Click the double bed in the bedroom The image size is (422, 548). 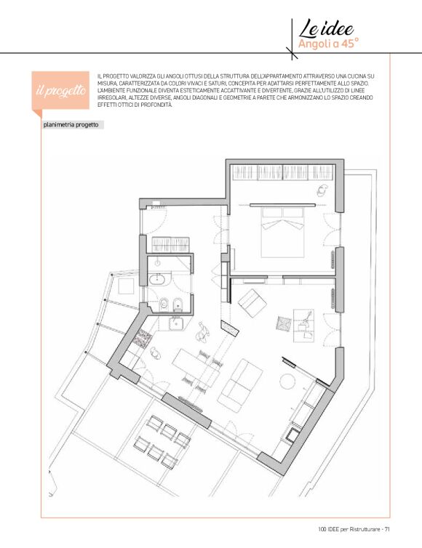(283, 233)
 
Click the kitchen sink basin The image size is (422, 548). (176, 323)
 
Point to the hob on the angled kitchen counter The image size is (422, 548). (143, 338)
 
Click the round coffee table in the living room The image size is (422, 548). (288, 381)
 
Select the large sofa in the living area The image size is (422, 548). (240, 384)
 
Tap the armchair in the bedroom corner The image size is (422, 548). (322, 190)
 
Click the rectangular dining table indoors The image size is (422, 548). (196, 368)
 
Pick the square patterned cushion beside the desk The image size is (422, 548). (284, 323)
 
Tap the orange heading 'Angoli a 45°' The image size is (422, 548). (328, 44)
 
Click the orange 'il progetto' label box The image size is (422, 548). (60, 91)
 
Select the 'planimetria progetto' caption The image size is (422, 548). (71, 125)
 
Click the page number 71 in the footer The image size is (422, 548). (387, 530)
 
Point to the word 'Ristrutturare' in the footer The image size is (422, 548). (365, 530)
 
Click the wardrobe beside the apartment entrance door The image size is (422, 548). (170, 244)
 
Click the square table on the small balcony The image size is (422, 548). (127, 286)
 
